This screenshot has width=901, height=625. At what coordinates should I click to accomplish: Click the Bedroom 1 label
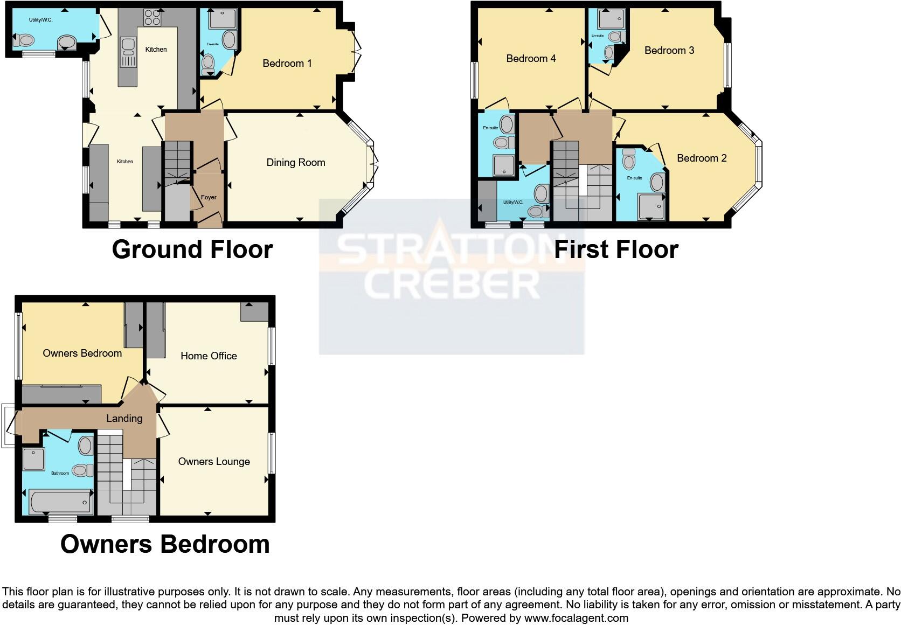287,64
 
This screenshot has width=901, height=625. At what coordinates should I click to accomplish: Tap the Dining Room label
296,163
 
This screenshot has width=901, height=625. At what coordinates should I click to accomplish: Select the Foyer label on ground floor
209,198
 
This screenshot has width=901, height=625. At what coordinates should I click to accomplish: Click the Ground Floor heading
192,250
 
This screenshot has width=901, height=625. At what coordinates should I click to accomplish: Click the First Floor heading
616,250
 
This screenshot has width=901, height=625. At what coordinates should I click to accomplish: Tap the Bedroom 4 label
531,59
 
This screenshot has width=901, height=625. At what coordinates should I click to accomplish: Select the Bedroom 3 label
669,51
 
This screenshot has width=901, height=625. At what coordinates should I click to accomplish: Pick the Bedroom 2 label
702,158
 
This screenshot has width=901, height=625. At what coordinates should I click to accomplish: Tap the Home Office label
209,356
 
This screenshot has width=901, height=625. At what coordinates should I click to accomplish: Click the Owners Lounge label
214,462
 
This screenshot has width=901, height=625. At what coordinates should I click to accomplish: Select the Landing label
124,419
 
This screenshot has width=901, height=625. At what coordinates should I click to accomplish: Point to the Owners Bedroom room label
82,353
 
